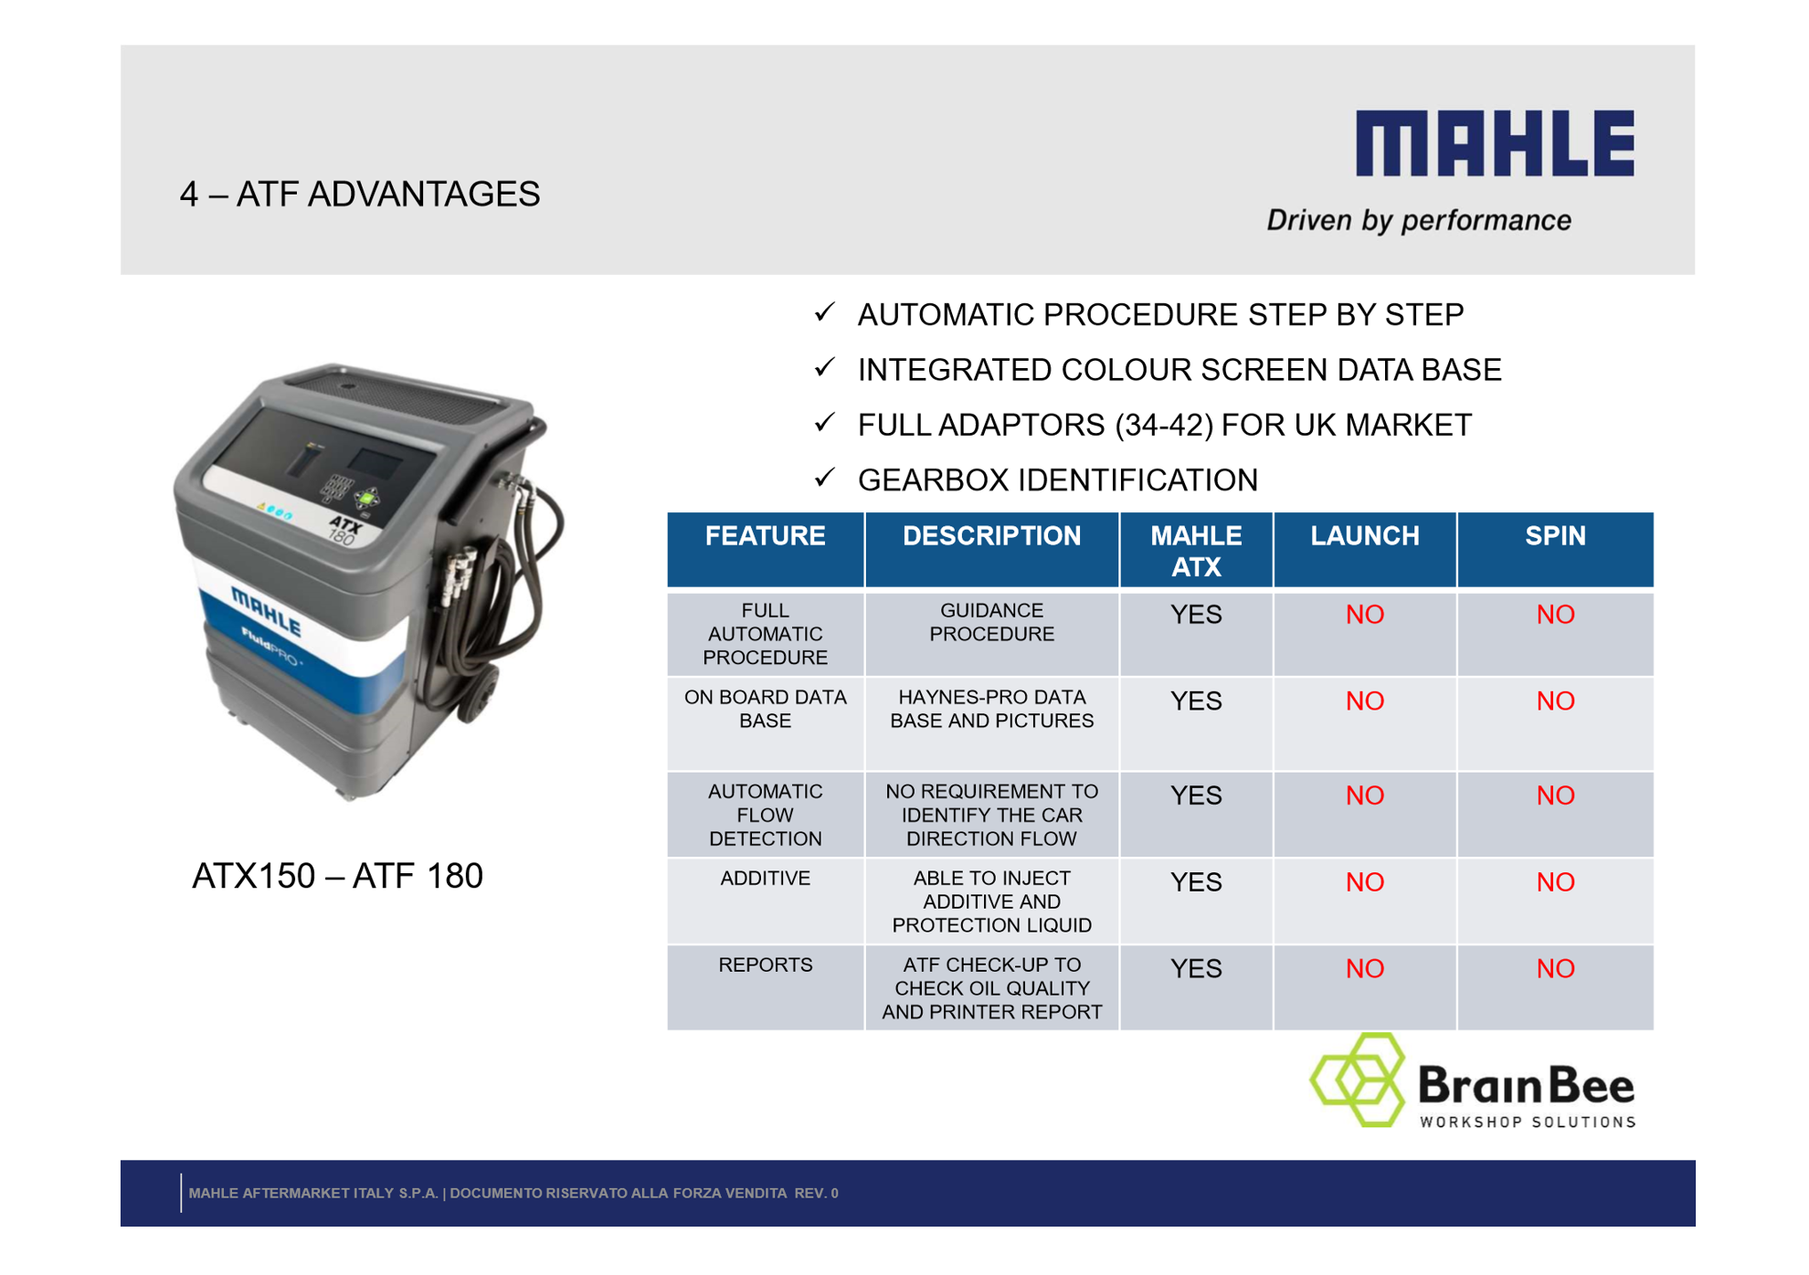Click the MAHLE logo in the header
coord(1494,143)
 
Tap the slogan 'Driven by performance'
coord(1418,220)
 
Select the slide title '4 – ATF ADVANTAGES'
coord(360,195)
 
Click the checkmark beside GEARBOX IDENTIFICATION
coord(824,478)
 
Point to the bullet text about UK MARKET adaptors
coord(1164,425)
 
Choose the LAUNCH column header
coord(1364,536)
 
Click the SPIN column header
coord(1554,536)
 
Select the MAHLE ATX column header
coord(1195,551)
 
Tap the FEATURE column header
coord(765,536)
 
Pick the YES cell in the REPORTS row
coord(1195,968)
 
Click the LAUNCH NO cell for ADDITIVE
coord(1364,882)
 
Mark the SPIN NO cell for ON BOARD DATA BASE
coord(1554,701)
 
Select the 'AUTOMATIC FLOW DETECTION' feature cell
coord(765,815)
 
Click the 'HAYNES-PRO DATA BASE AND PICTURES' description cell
coord(991,709)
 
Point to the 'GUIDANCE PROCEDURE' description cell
coord(991,622)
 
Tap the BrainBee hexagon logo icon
coord(1358,1080)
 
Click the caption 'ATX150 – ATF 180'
coord(337,876)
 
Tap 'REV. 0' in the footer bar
coord(816,1193)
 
